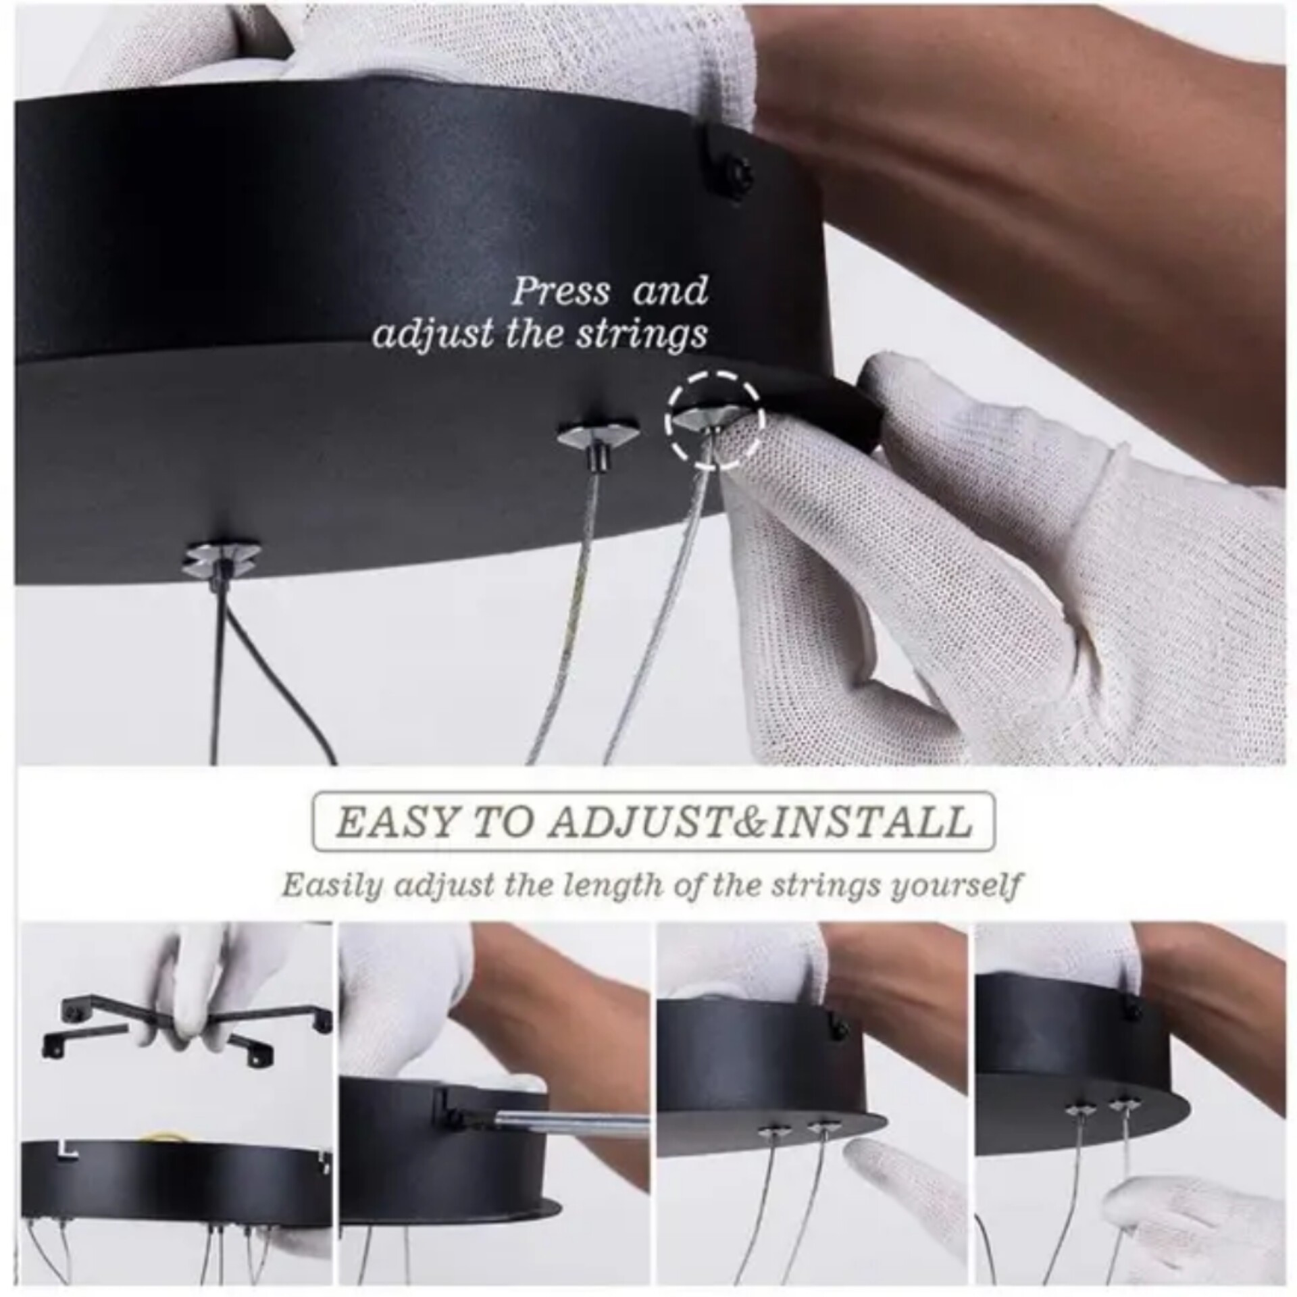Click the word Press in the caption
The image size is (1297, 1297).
pyautogui.click(x=560, y=292)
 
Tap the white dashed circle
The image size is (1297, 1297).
pyautogui.click(x=715, y=419)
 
